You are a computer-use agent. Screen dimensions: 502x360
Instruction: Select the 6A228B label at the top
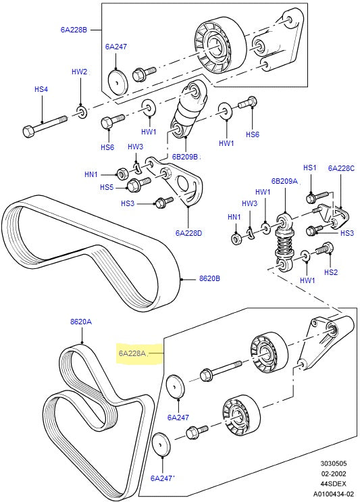point(74,30)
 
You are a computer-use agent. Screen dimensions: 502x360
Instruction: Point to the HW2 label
point(80,71)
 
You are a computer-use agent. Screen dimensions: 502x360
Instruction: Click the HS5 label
point(107,187)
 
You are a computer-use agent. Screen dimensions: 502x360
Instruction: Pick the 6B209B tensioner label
point(185,157)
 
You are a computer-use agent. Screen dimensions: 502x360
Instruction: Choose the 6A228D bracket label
point(189,232)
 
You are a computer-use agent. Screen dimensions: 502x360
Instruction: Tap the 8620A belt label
point(81,322)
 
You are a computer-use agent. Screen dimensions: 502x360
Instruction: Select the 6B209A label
point(284,181)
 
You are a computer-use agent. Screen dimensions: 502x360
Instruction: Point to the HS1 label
point(309,168)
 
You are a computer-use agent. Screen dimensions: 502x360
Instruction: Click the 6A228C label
point(341,168)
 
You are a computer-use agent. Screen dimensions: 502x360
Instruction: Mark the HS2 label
point(330,272)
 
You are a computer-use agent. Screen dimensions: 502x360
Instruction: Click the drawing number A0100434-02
point(332,495)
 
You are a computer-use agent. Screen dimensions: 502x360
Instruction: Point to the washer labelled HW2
point(80,109)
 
